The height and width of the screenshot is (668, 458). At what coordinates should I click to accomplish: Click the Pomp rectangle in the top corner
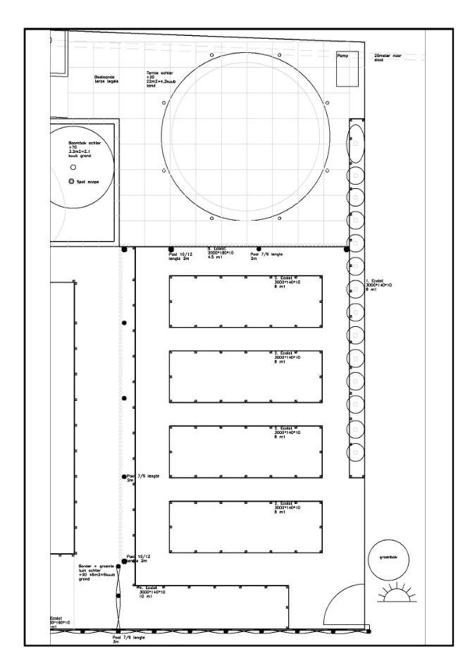click(x=347, y=69)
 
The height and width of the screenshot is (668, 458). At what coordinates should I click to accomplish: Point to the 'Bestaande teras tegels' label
click(x=106, y=80)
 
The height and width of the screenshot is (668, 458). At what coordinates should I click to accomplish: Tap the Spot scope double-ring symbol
click(x=72, y=182)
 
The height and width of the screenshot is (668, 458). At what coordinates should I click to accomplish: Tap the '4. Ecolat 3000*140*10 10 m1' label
click(x=151, y=593)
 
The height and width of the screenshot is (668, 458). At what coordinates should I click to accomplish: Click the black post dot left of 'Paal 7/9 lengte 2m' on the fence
click(x=124, y=477)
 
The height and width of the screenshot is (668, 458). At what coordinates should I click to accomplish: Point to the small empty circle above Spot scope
click(x=73, y=168)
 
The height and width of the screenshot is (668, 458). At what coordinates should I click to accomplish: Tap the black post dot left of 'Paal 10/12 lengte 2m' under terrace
click(x=170, y=249)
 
